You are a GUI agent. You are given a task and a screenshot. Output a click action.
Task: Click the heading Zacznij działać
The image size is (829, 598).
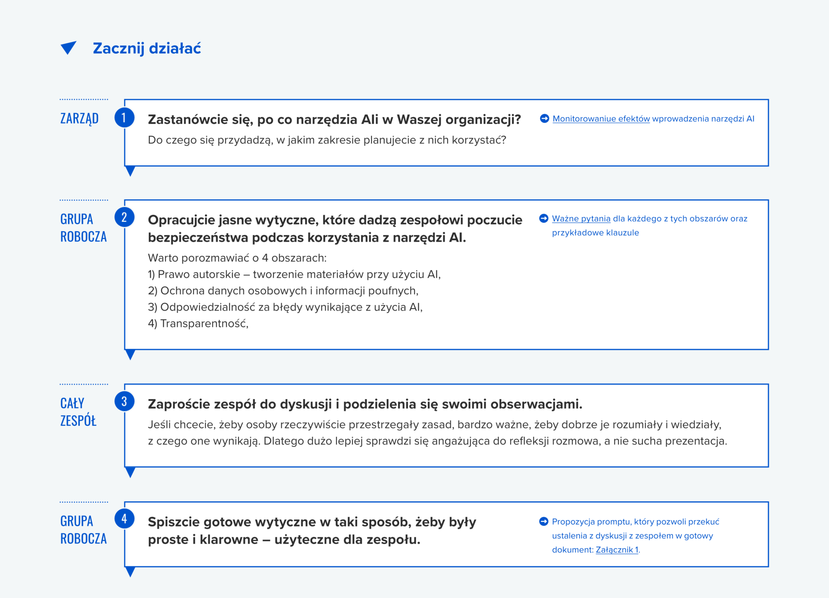pyautogui.click(x=147, y=48)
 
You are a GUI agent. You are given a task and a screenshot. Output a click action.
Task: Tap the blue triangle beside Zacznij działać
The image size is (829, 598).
pyautogui.click(x=68, y=47)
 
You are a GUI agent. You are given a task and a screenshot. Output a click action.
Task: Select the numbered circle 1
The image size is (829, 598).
pyautogui.click(x=124, y=118)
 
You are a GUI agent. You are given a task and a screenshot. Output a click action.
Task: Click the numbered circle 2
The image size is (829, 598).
pyautogui.click(x=124, y=217)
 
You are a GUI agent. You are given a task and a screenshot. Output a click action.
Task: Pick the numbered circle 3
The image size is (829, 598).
pyautogui.click(x=124, y=402)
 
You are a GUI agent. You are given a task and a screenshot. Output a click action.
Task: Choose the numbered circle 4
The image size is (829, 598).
pyautogui.click(x=124, y=519)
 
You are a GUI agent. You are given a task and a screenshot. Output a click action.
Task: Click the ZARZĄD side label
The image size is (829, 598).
pyautogui.click(x=79, y=118)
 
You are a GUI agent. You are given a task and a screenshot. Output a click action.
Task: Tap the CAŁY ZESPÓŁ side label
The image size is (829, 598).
pyautogui.click(x=78, y=412)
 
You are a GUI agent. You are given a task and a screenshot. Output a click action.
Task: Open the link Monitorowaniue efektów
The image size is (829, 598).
pyautogui.click(x=601, y=119)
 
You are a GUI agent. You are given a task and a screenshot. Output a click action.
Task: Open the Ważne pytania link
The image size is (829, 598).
pyautogui.click(x=581, y=219)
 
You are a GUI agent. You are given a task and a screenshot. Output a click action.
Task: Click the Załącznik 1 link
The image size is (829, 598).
pyautogui.click(x=616, y=550)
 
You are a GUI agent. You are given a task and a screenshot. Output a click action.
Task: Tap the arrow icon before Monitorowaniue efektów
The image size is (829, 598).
pyautogui.click(x=544, y=119)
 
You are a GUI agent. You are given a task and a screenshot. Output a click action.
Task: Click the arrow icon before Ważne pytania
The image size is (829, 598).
pyautogui.click(x=544, y=219)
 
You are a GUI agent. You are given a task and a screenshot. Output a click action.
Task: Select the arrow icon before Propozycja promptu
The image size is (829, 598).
pyautogui.click(x=544, y=521)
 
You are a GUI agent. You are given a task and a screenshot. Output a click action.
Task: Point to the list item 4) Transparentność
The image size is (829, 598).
pyautogui.click(x=198, y=323)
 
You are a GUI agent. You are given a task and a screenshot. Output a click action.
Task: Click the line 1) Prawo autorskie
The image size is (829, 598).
pyautogui.click(x=294, y=275)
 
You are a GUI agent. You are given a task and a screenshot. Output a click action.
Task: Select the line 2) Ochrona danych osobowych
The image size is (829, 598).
pyautogui.click(x=283, y=291)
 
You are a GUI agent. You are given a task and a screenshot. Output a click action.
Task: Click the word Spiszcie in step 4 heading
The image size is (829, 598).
pyautogui.click(x=174, y=522)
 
